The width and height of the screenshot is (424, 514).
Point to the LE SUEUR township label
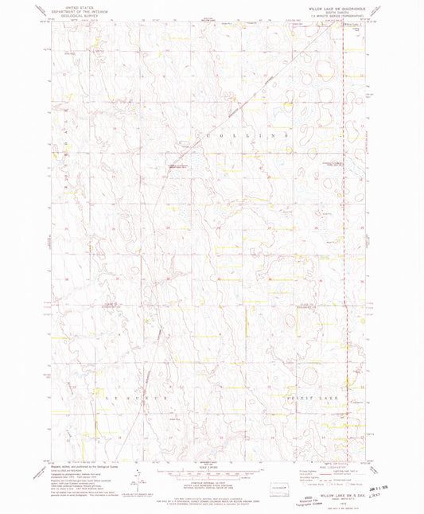coord(124,395)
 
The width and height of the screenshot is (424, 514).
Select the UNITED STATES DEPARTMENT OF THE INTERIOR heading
coord(72,7)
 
